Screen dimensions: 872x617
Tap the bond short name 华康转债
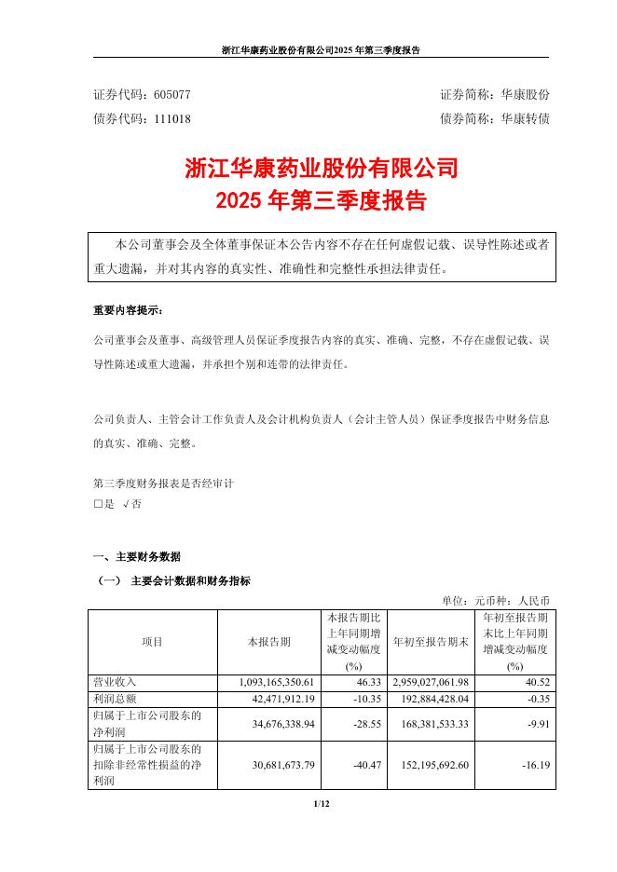point(526,119)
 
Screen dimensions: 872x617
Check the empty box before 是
point(98,503)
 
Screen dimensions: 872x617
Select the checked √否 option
point(131,503)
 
